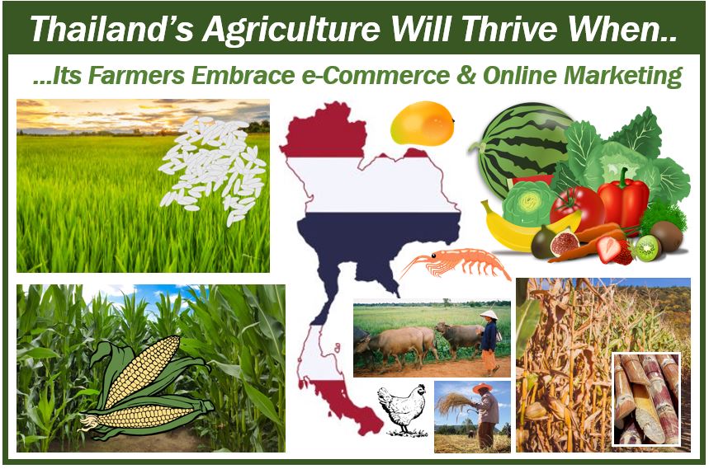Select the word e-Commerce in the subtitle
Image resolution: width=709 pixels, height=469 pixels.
click(376, 75)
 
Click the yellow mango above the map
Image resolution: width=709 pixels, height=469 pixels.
click(423, 124)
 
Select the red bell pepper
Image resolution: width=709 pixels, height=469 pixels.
click(623, 199)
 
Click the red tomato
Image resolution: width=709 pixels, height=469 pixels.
click(576, 208)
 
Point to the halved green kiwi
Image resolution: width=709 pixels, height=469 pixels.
click(647, 248)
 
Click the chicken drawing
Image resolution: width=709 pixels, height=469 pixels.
click(403, 409)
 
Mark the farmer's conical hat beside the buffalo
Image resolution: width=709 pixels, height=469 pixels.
click(489, 315)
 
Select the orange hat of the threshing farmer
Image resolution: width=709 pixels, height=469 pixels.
click(482, 387)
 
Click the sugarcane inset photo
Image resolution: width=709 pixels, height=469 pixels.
click(646, 399)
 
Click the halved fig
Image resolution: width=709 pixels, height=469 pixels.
click(564, 244)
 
